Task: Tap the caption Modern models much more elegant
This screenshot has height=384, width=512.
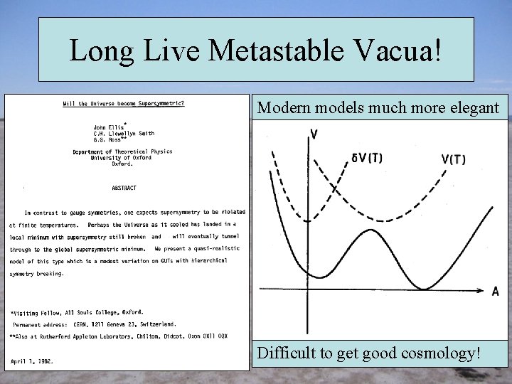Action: (x=378, y=108)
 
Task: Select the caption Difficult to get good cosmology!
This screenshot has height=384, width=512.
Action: (x=368, y=353)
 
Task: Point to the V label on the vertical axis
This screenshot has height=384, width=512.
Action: (x=314, y=134)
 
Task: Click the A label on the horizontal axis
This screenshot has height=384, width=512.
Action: (x=495, y=291)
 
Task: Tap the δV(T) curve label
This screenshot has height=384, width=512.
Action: (x=367, y=158)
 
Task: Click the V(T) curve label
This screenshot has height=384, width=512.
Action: (x=453, y=159)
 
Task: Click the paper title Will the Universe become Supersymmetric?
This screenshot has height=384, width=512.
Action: (x=123, y=105)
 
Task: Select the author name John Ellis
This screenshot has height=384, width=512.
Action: (x=109, y=127)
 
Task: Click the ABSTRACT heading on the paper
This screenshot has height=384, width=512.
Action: (x=124, y=188)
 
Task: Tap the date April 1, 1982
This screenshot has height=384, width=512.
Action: (x=32, y=361)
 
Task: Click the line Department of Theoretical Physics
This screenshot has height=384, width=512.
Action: (x=122, y=151)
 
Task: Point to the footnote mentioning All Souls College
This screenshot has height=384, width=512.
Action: (x=77, y=311)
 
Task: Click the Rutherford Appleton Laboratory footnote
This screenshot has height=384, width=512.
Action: (x=118, y=336)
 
